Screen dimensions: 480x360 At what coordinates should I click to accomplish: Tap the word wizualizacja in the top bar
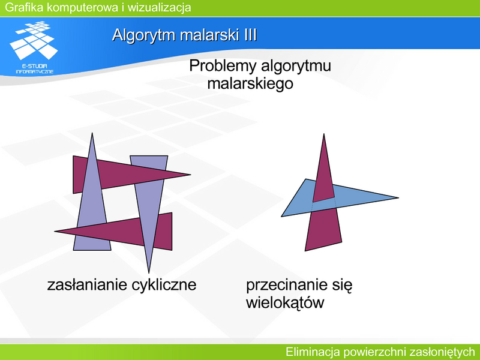point(159,7)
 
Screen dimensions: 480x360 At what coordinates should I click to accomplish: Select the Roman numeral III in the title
point(250,35)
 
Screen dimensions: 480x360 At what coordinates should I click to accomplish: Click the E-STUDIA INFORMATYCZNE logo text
point(35,69)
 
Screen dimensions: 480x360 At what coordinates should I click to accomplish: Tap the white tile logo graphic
point(34,40)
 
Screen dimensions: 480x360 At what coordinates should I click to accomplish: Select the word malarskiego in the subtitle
point(250,83)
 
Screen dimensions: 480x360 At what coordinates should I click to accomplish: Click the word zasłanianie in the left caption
point(87,284)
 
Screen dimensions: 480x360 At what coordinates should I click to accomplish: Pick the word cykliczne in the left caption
point(164,285)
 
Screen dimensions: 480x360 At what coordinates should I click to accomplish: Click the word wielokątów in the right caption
point(285,303)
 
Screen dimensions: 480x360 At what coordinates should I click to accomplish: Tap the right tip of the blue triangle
point(398,198)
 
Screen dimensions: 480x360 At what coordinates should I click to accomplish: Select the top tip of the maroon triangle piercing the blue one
point(324,134)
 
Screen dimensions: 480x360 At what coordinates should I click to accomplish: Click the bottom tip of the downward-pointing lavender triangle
point(149,272)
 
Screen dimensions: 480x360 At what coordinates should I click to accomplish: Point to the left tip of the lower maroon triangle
point(55,232)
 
